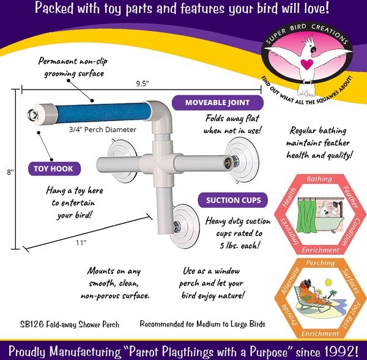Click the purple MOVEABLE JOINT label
(217, 103)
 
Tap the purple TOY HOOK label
(54, 169)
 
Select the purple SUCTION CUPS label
(233, 200)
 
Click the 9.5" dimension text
(143, 84)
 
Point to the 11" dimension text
(81, 243)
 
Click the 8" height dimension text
(10, 172)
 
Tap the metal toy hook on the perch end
(32, 115)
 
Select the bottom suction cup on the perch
(185, 226)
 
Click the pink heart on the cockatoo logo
(306, 64)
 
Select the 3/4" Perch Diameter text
(103, 130)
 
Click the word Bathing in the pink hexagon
(319, 179)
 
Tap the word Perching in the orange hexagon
(320, 263)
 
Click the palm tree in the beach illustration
(333, 294)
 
